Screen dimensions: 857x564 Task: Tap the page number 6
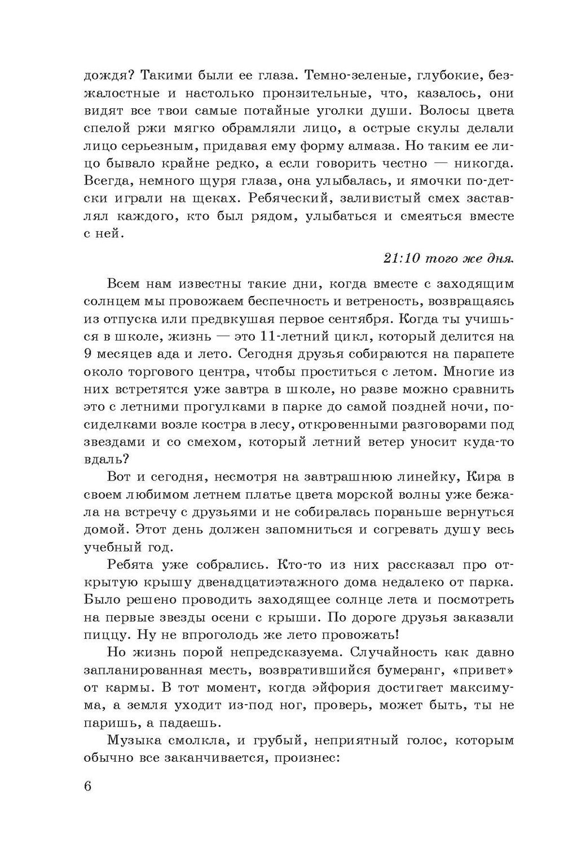click(87, 787)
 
